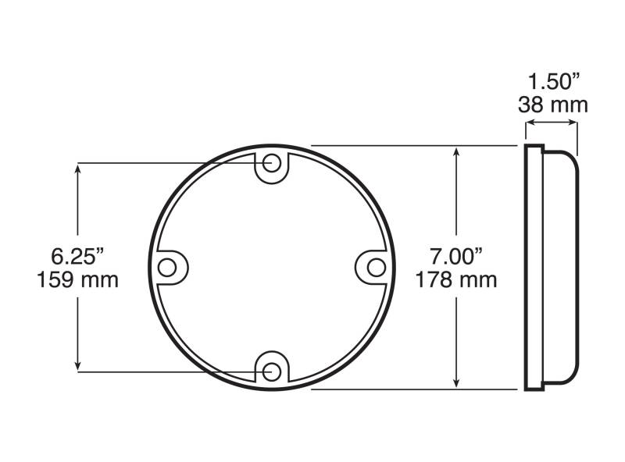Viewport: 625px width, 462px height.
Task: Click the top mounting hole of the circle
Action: point(272,163)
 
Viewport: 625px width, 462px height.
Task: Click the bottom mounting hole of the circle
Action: point(272,372)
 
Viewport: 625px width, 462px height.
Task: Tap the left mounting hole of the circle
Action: point(167,267)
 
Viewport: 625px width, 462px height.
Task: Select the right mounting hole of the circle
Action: point(377,267)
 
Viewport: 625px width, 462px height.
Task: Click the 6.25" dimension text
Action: point(77,256)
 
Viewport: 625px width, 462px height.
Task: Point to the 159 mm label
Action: point(77,279)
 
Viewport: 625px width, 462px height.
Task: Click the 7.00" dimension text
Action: point(456,256)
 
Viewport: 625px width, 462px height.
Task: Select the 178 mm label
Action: point(456,279)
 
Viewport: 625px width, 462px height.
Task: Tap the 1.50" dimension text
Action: point(553,82)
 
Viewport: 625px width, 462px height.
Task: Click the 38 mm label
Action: point(553,105)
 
